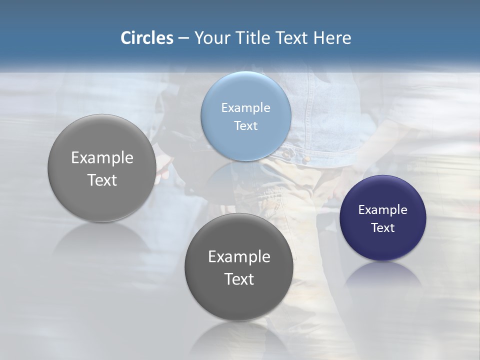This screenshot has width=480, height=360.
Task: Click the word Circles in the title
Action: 146,38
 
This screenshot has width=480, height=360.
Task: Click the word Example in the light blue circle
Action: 245,107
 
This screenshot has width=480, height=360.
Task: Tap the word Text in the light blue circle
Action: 245,125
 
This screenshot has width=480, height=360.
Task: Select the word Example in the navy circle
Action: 382,209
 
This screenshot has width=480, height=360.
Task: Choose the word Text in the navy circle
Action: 382,227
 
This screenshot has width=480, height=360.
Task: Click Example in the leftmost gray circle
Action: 102,157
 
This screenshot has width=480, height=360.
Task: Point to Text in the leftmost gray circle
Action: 102,180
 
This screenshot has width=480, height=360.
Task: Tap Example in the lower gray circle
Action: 239,256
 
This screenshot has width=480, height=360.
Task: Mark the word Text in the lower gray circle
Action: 239,279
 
